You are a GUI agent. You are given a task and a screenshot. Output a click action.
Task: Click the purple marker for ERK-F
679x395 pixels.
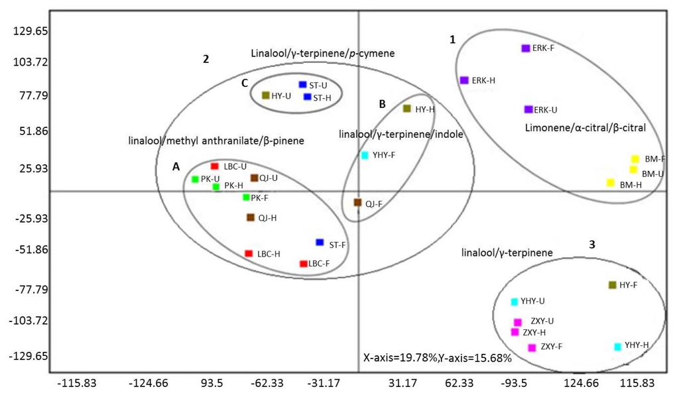tap(526, 48)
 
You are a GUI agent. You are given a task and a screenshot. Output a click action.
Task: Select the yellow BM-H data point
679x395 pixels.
tap(611, 182)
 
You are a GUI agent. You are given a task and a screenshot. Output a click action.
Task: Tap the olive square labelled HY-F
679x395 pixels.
tap(613, 285)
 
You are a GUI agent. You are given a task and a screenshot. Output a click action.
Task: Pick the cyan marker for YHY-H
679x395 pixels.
tap(618, 347)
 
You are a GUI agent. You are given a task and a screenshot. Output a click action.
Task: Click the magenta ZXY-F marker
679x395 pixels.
tap(532, 348)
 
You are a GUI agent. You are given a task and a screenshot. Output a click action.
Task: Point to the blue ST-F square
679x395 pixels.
tap(320, 243)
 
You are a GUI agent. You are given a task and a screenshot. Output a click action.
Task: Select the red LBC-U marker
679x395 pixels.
tap(215, 166)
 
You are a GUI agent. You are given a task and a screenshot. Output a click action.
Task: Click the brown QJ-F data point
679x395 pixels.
tap(357, 202)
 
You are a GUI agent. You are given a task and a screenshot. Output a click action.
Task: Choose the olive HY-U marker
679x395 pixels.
tap(266, 95)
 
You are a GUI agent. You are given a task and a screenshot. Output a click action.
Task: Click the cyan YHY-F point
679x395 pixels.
tap(365, 155)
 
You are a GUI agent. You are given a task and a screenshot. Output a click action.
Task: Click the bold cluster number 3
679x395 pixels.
tap(592, 245)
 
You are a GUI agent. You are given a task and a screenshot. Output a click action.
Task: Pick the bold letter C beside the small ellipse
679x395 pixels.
tap(245, 83)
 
